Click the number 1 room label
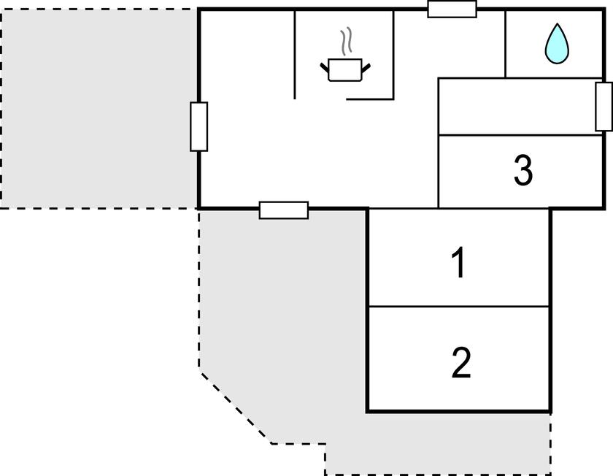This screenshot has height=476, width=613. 458,262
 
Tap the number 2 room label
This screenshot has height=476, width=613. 461,363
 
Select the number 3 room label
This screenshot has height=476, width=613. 523,170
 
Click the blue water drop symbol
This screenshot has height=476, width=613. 557,43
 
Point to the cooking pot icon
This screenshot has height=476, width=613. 345,69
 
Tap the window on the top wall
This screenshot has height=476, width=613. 452,9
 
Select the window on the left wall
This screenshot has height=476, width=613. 199,127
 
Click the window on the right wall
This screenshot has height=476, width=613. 604,107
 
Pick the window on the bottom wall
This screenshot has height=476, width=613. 284,210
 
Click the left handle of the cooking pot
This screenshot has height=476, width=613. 325,68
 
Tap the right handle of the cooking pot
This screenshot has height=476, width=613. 366,68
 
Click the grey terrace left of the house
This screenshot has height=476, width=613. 99,109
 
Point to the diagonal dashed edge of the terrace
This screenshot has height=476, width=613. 236,408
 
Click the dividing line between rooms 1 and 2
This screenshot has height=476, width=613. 459,306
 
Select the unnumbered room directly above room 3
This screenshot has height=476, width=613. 520,107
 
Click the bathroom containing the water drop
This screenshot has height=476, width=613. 554,44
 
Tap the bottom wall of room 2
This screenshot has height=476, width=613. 459,411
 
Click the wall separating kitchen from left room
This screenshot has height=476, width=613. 294,55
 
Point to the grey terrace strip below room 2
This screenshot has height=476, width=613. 438,444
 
